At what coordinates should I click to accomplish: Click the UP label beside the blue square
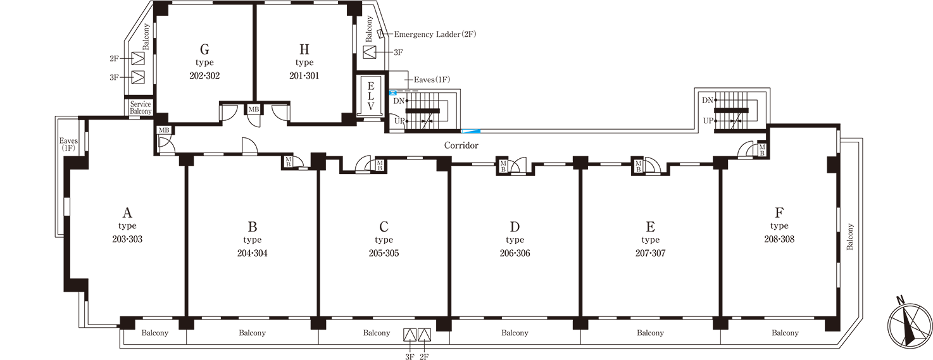pyautogui.click(x=398, y=120)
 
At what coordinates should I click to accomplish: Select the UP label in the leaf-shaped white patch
pyautogui.click(x=707, y=120)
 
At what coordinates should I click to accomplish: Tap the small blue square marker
pyautogui.click(x=393, y=94)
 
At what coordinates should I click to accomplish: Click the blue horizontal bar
pyautogui.click(x=472, y=131)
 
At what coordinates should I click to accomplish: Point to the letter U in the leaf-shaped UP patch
pyautogui.click(x=704, y=120)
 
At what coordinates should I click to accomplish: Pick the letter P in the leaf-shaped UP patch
pyautogui.click(x=710, y=120)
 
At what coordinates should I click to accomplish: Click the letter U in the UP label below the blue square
pyautogui.click(x=396, y=121)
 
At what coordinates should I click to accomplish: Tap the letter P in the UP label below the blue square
pyautogui.click(x=401, y=120)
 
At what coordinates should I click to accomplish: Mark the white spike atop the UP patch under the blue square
pyautogui.click(x=401, y=114)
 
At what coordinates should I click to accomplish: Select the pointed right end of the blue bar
pyautogui.click(x=480, y=131)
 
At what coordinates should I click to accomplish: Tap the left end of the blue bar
pyautogui.click(x=463, y=131)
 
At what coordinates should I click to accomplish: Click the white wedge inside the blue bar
pyautogui.click(x=469, y=131)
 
